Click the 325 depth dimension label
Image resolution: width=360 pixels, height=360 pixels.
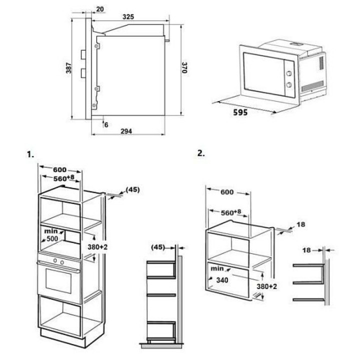tap(128, 17)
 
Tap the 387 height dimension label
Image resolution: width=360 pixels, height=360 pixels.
tap(68, 68)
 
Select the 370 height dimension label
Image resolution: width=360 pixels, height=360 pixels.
tap(184, 67)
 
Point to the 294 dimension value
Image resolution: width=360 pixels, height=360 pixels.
tap(126, 131)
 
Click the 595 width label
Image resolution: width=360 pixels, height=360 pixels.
tap(240, 112)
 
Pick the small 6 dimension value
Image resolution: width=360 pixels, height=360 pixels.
tap(106, 125)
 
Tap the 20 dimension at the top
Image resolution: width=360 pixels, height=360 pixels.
tap(100, 9)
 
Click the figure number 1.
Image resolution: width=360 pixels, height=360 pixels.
tap(30, 154)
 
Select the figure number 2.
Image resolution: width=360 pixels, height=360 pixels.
tap(201, 153)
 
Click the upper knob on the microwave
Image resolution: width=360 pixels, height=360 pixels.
tap(289, 73)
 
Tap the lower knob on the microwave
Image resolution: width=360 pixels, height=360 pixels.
tap(289, 85)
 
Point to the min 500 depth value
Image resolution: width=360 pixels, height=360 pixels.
tap(52, 239)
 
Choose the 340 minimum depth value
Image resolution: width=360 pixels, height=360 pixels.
tap(222, 280)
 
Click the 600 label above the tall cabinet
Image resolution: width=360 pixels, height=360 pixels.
tap(59, 169)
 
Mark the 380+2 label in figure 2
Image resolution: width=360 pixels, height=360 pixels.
tap(267, 286)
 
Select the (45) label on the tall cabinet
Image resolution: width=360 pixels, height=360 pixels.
tap(132, 189)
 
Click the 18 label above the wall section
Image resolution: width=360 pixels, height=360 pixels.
tap(306, 250)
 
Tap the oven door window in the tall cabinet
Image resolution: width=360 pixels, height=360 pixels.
tap(58, 281)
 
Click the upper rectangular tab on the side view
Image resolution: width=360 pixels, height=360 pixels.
tap(83, 54)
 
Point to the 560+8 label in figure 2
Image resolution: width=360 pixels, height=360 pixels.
tap(231, 212)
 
